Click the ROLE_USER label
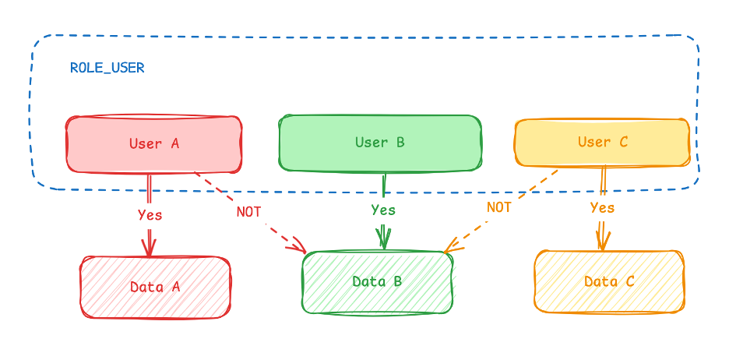pyautogui.click(x=107, y=68)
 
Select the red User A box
pyautogui.click(x=153, y=144)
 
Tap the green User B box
pyautogui.click(x=379, y=143)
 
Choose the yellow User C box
pyautogui.click(x=602, y=143)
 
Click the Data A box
pyautogui.click(x=155, y=287)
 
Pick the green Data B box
pyautogui.click(x=377, y=282)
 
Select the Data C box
pyautogui.click(x=609, y=281)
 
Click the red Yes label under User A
pyautogui.click(x=150, y=214)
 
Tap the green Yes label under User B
pyautogui.click(x=383, y=210)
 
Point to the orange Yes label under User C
pyautogui.click(x=602, y=207)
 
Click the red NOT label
pyautogui.click(x=249, y=212)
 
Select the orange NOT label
pyautogui.click(x=499, y=207)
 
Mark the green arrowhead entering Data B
pyautogui.click(x=383, y=240)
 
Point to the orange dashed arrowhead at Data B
pyautogui.click(x=451, y=248)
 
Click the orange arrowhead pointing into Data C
pyautogui.click(x=602, y=241)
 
